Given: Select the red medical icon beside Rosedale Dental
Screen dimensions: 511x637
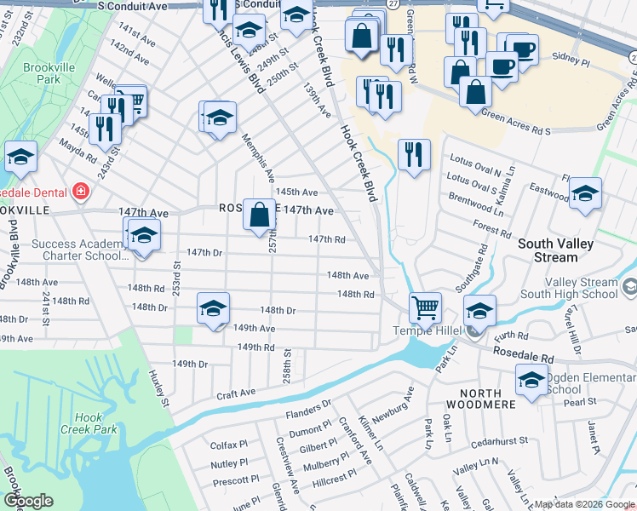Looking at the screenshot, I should click(81, 192).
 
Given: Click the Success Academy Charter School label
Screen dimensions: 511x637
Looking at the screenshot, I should click(75, 250).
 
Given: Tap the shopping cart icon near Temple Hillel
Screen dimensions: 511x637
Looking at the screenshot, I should click(425, 307).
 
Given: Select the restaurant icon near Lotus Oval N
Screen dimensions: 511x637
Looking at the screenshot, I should click(414, 155).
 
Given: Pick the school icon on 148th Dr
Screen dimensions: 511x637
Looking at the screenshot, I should click(213, 308).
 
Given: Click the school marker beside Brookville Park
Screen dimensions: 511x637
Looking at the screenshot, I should click(20, 157).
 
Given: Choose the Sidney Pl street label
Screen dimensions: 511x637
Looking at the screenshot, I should click(571, 62).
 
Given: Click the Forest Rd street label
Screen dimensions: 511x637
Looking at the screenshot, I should click(493, 230).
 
